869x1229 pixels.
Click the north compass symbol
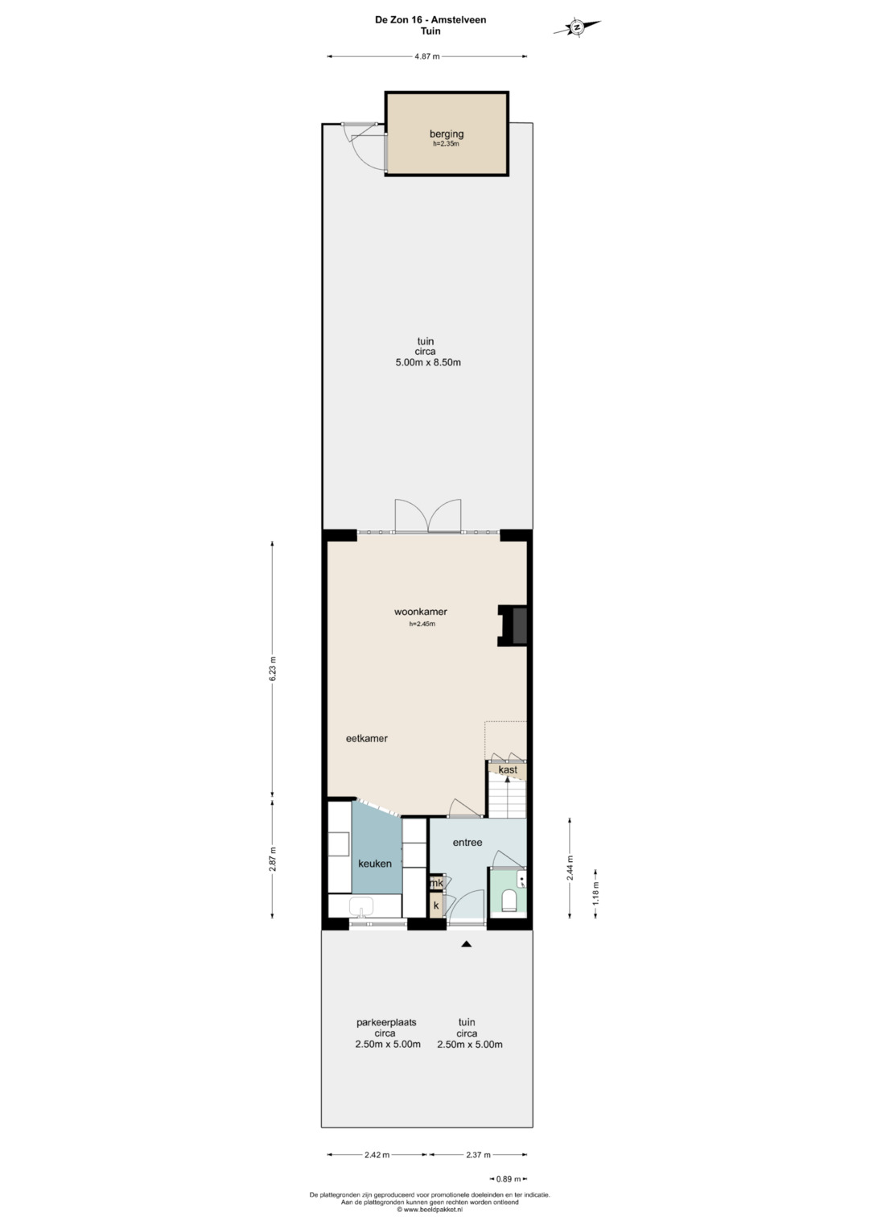click(577, 27)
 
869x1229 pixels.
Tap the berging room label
click(447, 134)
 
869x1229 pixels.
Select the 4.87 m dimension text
click(427, 56)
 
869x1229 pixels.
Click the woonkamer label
click(421, 612)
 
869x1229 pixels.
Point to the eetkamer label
click(367, 739)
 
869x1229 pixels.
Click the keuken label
click(375, 864)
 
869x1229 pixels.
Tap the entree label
click(467, 842)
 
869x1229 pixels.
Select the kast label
click(508, 769)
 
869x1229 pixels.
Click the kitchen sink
click(361, 906)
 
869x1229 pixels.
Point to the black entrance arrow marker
click(467, 944)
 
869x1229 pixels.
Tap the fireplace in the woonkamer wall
click(513, 625)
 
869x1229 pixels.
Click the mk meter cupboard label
click(437, 884)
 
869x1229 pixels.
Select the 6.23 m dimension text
click(274, 669)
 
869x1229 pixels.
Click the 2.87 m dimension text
click(274, 859)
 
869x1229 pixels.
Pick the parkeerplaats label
click(386, 1022)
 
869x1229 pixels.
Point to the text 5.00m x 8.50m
click(428, 362)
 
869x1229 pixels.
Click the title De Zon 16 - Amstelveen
click(430, 20)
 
